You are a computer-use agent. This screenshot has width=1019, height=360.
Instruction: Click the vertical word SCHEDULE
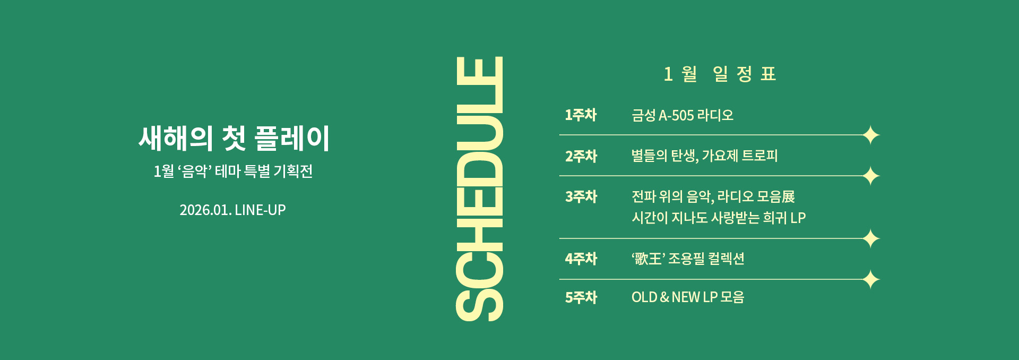pos(479,188)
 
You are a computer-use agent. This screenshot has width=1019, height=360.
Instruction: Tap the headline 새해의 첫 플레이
pos(234,138)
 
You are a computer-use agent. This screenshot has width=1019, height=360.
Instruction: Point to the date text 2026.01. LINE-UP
pos(232,210)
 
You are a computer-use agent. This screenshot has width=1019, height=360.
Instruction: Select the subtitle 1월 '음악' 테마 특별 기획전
pos(233,171)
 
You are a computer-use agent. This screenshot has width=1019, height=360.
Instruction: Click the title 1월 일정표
pos(720,74)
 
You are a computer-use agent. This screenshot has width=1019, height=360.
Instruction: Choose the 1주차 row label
pos(581,115)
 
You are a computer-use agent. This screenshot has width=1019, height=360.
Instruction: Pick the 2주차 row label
pos(581,156)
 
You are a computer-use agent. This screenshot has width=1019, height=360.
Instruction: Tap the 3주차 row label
pos(581,196)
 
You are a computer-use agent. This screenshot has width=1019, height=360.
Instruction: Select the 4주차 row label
pos(581,259)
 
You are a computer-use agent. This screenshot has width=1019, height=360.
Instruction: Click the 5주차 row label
pos(581,297)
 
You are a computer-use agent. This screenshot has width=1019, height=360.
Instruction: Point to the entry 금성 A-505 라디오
pos(682,115)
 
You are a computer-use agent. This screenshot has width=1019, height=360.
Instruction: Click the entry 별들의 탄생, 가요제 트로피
pos(704,156)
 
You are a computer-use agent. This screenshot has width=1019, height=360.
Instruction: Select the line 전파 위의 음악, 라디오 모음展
pos(713,196)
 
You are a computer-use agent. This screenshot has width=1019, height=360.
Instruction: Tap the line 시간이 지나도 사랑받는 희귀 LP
pos(718,218)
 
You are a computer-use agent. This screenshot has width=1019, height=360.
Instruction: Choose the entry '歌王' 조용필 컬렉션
pos(688,259)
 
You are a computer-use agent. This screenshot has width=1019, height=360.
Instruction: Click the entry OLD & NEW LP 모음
pos(687,297)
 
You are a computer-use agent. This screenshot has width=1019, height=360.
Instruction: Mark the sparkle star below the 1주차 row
pos(871,135)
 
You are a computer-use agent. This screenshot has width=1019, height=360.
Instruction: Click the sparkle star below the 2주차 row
pos(871,176)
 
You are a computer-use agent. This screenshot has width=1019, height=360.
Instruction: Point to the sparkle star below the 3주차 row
pos(871,239)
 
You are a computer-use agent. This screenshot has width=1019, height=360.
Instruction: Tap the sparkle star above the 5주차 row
pos(871,279)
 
